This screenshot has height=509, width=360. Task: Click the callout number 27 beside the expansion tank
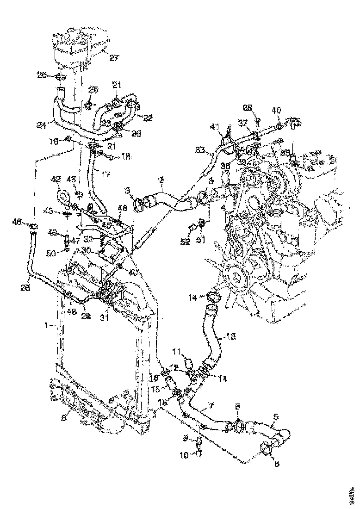pos(114,58)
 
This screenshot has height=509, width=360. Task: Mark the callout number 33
pos(199,149)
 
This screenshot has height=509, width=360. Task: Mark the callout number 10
pos(184,455)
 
